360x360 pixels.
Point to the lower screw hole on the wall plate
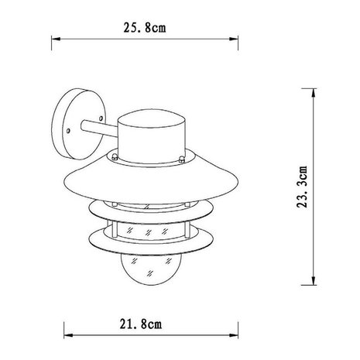68,135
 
